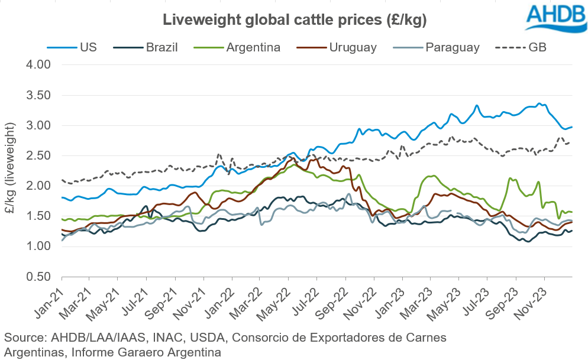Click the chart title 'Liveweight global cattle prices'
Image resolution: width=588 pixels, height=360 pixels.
[295, 20]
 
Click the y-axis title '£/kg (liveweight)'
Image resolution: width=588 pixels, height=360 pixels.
[11, 170]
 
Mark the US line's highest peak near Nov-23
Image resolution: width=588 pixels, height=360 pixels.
[538, 103]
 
